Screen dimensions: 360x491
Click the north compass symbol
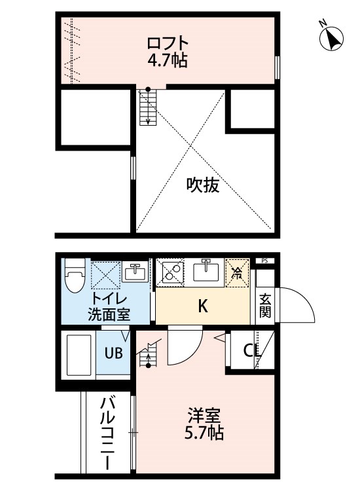click(331, 38)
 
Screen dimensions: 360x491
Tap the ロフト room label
click(168, 44)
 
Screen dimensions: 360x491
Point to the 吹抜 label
click(203, 185)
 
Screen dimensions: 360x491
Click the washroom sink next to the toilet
click(135, 272)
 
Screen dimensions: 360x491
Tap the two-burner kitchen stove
click(170, 272)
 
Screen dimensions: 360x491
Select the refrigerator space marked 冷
click(238, 273)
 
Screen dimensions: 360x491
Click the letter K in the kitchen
click(203, 306)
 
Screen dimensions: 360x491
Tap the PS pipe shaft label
click(264, 261)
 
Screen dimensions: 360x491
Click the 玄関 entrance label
click(265, 306)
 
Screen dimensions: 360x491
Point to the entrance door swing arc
click(305, 297)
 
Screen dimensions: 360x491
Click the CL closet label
click(251, 351)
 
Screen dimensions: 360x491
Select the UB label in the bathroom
click(113, 354)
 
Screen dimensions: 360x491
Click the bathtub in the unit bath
click(79, 355)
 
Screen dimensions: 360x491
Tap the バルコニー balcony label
click(108, 433)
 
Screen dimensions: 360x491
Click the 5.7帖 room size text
click(204, 433)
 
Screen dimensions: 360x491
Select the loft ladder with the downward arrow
click(148, 107)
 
